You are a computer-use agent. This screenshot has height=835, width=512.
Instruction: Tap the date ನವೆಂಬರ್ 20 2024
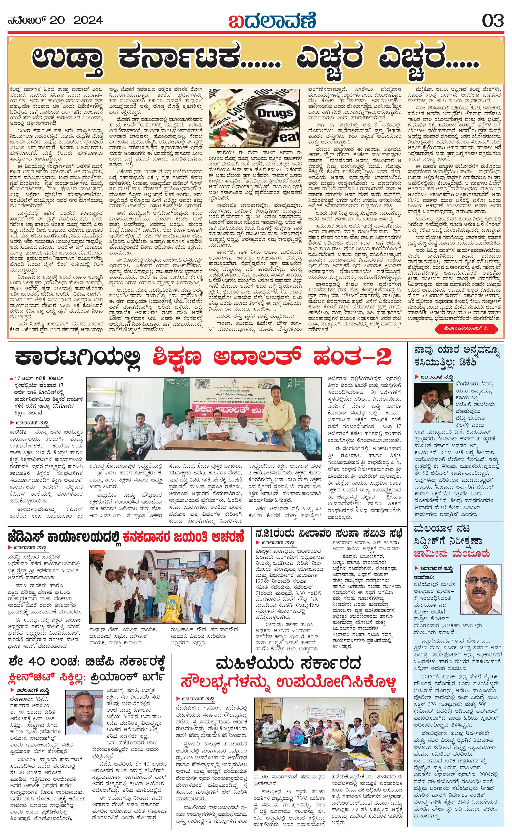pos(55,21)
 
